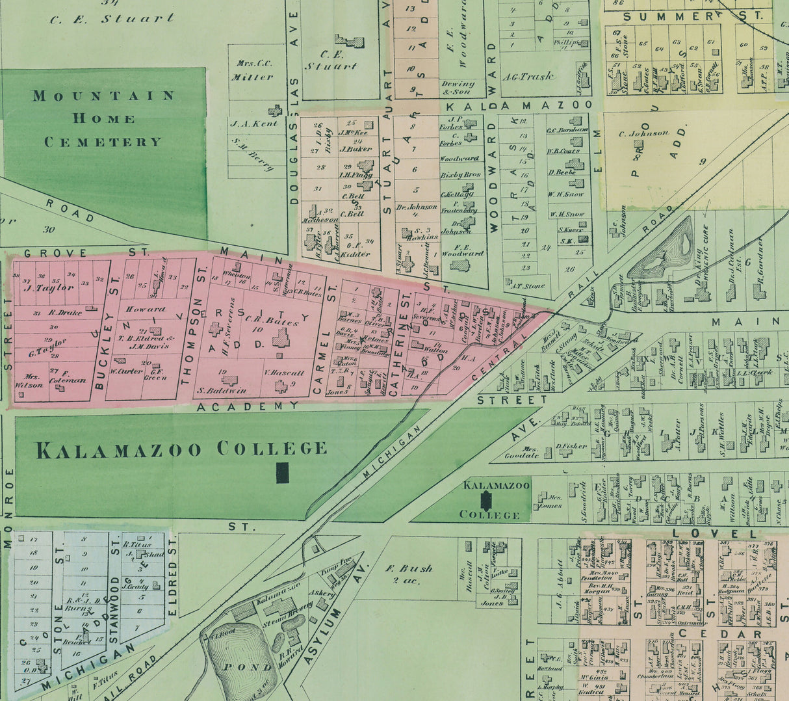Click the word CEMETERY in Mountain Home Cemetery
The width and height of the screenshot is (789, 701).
point(103,142)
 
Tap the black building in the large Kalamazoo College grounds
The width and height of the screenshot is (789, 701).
point(282,473)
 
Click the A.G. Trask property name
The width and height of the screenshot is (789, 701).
point(528,76)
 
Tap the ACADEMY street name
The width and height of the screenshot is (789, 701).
point(248,406)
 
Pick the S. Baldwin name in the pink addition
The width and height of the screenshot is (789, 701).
point(222,391)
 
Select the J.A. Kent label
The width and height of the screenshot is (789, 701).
point(253,123)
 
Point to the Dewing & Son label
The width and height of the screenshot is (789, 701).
point(458,88)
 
